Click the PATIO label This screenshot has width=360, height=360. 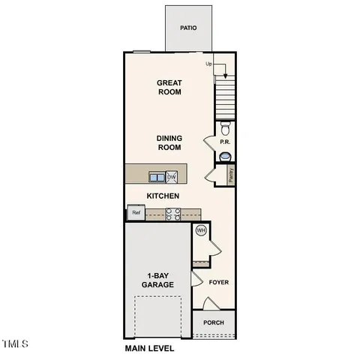tap(188, 28)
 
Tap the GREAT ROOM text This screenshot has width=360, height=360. tap(169, 88)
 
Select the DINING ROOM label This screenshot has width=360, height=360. tap(169, 142)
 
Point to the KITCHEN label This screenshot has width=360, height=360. tap(162, 195)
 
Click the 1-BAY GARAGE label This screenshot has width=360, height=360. tap(157, 280)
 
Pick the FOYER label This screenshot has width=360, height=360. tap(218, 283)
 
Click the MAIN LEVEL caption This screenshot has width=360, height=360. tap(149, 349)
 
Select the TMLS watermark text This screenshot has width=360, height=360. tap(15, 344)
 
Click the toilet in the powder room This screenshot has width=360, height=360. tap(224, 127)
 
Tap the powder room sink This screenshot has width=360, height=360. tap(225, 155)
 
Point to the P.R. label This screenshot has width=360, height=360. tap(223, 142)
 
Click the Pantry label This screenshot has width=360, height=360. tap(231, 175)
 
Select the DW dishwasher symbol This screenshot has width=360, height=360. tap(172, 177)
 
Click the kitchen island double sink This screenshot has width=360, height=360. tap(157, 177)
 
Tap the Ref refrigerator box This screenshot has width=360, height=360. tap(136, 213)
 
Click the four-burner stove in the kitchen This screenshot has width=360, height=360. tap(172, 214)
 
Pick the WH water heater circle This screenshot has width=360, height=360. tap(200, 231)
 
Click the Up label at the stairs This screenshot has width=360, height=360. tap(209, 64)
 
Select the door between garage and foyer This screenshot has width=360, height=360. tap(196, 280)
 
